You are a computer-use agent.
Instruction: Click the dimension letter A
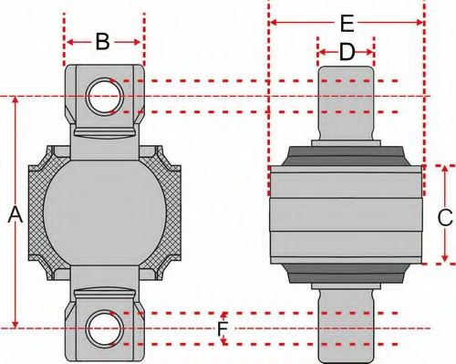(14, 215)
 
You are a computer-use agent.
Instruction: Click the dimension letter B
(103, 41)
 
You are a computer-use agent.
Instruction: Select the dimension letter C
(444, 217)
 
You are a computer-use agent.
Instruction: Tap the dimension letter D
(346, 53)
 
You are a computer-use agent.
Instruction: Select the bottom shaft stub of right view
(346, 319)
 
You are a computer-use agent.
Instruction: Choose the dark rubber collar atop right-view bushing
(346, 155)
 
